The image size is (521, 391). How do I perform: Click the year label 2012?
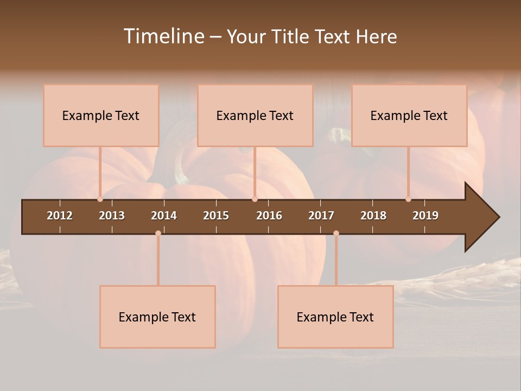(x=60, y=216)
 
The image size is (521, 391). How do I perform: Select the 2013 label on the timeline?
(x=112, y=216)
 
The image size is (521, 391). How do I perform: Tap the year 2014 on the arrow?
(x=164, y=216)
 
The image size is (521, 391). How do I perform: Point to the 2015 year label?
(x=216, y=216)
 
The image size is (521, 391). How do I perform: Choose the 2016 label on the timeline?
(x=269, y=216)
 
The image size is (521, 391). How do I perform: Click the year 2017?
(x=321, y=216)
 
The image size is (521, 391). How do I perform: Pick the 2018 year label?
(x=373, y=216)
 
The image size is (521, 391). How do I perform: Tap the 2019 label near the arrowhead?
(x=425, y=216)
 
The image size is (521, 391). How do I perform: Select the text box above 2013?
(x=101, y=115)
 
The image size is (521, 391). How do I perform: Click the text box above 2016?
(x=255, y=115)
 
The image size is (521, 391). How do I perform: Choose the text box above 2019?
(x=409, y=115)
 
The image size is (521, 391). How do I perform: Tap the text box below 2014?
(x=157, y=317)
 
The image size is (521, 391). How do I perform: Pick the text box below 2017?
(x=335, y=317)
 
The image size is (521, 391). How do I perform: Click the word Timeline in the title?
(x=163, y=36)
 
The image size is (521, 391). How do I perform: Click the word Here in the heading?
(x=376, y=37)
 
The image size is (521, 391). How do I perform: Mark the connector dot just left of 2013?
(x=100, y=199)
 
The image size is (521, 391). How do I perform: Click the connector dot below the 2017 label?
(x=336, y=234)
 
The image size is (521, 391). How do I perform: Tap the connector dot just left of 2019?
(x=408, y=199)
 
